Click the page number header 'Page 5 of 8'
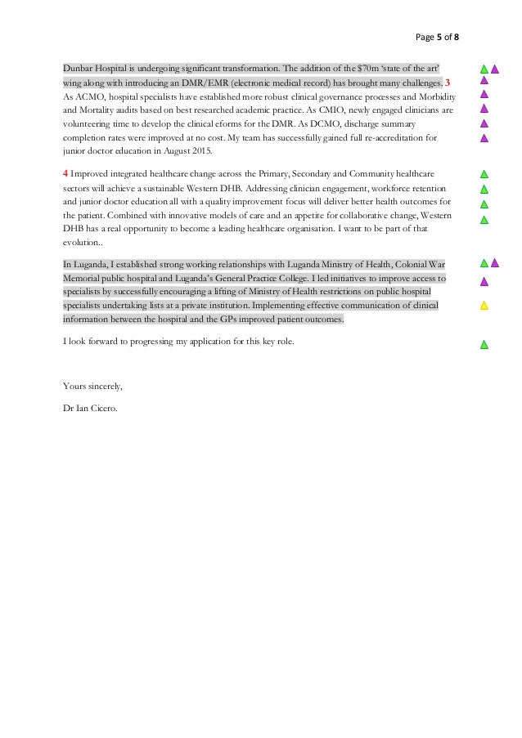[438, 36]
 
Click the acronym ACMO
[88, 96]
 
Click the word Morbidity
[432, 96]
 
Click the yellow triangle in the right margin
[484, 306]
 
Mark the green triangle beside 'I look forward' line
[484, 345]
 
